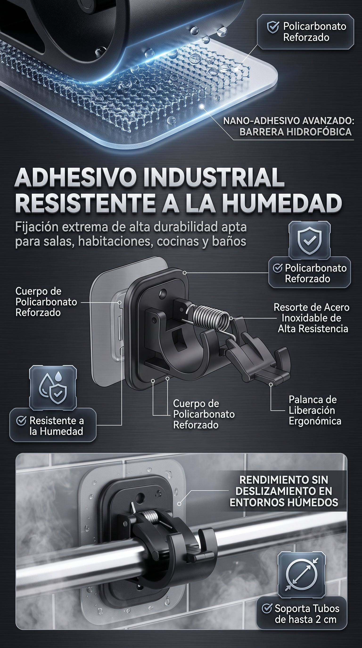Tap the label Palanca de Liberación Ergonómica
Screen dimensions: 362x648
click(x=315, y=410)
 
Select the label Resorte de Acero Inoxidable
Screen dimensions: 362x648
click(x=312, y=318)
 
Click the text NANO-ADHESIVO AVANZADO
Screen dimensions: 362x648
click(x=288, y=121)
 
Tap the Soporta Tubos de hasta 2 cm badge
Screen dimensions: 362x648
click(x=302, y=614)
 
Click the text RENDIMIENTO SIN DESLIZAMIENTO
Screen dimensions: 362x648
click(x=284, y=486)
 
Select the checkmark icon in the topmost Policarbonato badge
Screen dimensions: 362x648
click(x=273, y=27)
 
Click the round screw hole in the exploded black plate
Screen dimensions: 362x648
click(x=163, y=292)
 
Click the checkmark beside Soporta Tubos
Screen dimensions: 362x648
click(x=267, y=608)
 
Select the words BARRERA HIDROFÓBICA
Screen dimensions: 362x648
click(x=296, y=132)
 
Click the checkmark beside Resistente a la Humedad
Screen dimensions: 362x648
click(x=21, y=420)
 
